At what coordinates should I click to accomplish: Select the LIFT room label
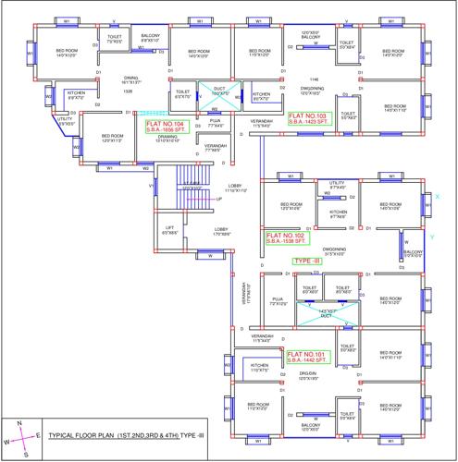pyautogui.click(x=169, y=229)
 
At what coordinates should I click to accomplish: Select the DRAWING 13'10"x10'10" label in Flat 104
pyautogui.click(x=155, y=140)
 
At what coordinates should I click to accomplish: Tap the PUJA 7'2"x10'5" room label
pyautogui.click(x=277, y=301)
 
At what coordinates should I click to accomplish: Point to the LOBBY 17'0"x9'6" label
pyautogui.click(x=221, y=232)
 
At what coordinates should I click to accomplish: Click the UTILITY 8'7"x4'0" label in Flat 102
pyautogui.click(x=337, y=186)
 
